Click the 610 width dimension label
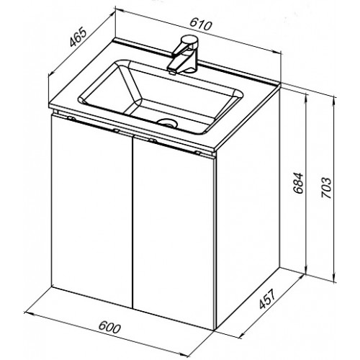point(201,24)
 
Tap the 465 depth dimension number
point(78,37)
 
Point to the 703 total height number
point(326,188)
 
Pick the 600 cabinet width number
point(109,328)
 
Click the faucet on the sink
point(183,55)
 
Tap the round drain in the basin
point(167,122)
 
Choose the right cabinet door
point(174,230)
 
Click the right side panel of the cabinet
point(248,209)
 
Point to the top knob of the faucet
point(190,40)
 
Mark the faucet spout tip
point(171,71)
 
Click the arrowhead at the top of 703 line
point(334,100)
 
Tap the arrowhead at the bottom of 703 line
point(334,277)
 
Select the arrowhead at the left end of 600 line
point(28,314)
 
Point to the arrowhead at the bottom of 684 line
point(306,269)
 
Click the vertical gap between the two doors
point(132,222)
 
